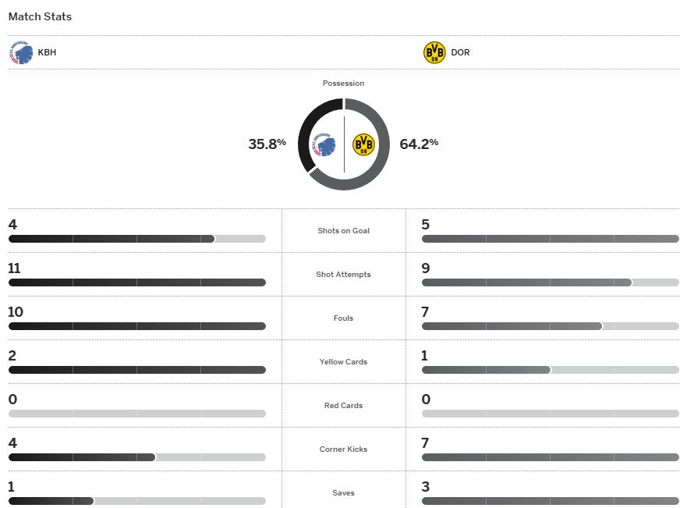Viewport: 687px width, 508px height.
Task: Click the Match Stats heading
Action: pyautogui.click(x=40, y=16)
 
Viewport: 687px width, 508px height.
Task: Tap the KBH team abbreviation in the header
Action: pyautogui.click(x=47, y=53)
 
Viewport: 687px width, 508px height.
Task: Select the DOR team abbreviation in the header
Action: pyautogui.click(x=460, y=53)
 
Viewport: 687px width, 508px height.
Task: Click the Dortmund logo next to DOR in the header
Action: pyautogui.click(x=434, y=53)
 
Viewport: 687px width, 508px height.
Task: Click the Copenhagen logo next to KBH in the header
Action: pyautogui.click(x=21, y=53)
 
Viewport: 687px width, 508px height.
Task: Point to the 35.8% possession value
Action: pyautogui.click(x=267, y=144)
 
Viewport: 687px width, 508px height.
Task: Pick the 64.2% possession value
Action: pyautogui.click(x=419, y=144)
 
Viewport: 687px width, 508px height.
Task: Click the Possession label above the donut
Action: pyautogui.click(x=343, y=83)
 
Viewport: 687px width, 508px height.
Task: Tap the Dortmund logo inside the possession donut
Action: pyautogui.click(x=363, y=144)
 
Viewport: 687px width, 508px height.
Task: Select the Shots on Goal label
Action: pyautogui.click(x=343, y=231)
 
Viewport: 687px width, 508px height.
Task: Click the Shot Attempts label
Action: pyautogui.click(x=343, y=275)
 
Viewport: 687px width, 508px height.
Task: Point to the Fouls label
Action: pyautogui.click(x=343, y=318)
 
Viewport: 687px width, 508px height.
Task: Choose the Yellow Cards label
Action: pyautogui.click(x=343, y=362)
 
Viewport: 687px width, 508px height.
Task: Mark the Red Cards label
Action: pyautogui.click(x=343, y=406)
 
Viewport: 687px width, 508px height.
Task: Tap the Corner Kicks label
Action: pyautogui.click(x=343, y=449)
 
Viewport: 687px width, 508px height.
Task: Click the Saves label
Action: pyautogui.click(x=343, y=493)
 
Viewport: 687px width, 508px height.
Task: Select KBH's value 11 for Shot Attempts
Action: pyautogui.click(x=14, y=268)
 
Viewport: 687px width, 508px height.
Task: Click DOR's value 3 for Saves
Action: pyautogui.click(x=426, y=487)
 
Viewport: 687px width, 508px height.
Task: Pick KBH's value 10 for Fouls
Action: pyautogui.click(x=16, y=312)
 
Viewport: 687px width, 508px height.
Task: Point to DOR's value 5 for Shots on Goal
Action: pyautogui.click(x=426, y=225)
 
